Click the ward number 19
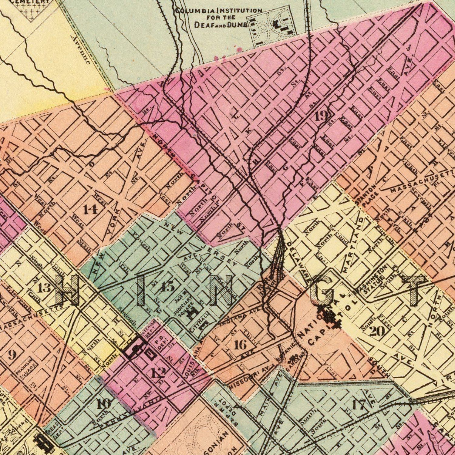320,116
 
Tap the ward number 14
90,210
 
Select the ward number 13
44,288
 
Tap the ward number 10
103,404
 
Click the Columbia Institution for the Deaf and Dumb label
218,18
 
